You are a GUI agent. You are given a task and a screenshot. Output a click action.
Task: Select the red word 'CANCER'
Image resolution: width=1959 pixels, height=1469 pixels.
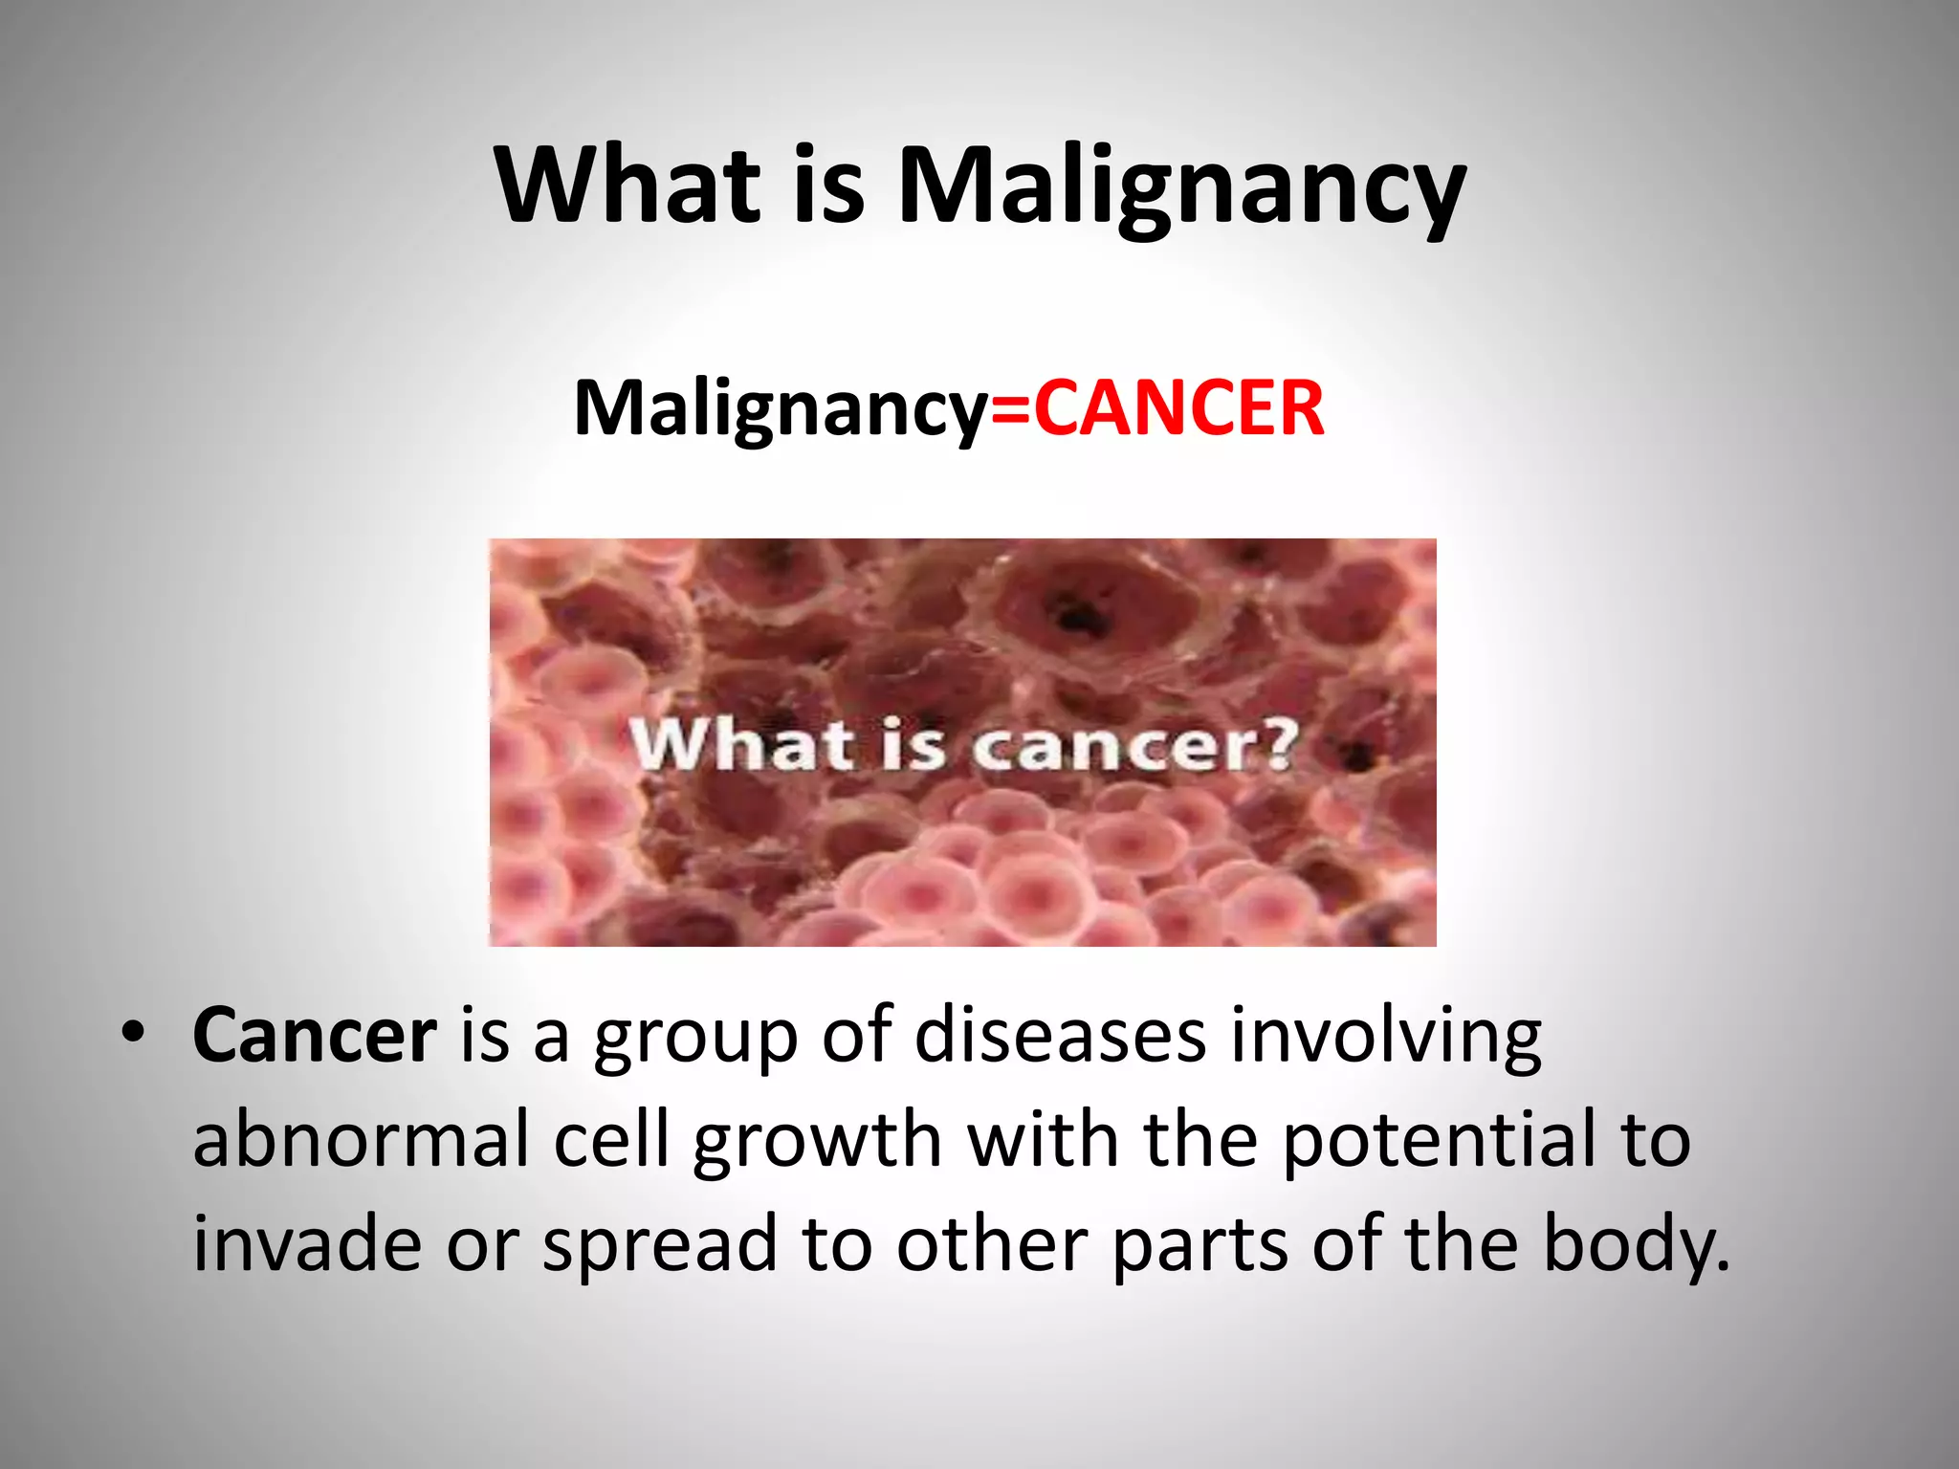click(x=1178, y=408)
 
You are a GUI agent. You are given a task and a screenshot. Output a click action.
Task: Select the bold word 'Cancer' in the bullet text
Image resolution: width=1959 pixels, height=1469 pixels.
click(x=315, y=1035)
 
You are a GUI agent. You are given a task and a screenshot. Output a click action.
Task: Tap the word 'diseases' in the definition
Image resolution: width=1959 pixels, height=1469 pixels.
click(x=1059, y=1035)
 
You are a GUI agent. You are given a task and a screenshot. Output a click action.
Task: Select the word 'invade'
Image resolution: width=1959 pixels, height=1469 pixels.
click(x=307, y=1244)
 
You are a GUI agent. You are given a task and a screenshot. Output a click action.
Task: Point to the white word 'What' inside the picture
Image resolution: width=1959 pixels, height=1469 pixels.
click(x=741, y=743)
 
